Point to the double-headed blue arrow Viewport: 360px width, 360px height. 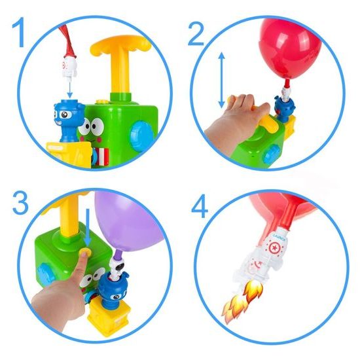(221, 80)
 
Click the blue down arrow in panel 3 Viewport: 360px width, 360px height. (87, 226)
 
